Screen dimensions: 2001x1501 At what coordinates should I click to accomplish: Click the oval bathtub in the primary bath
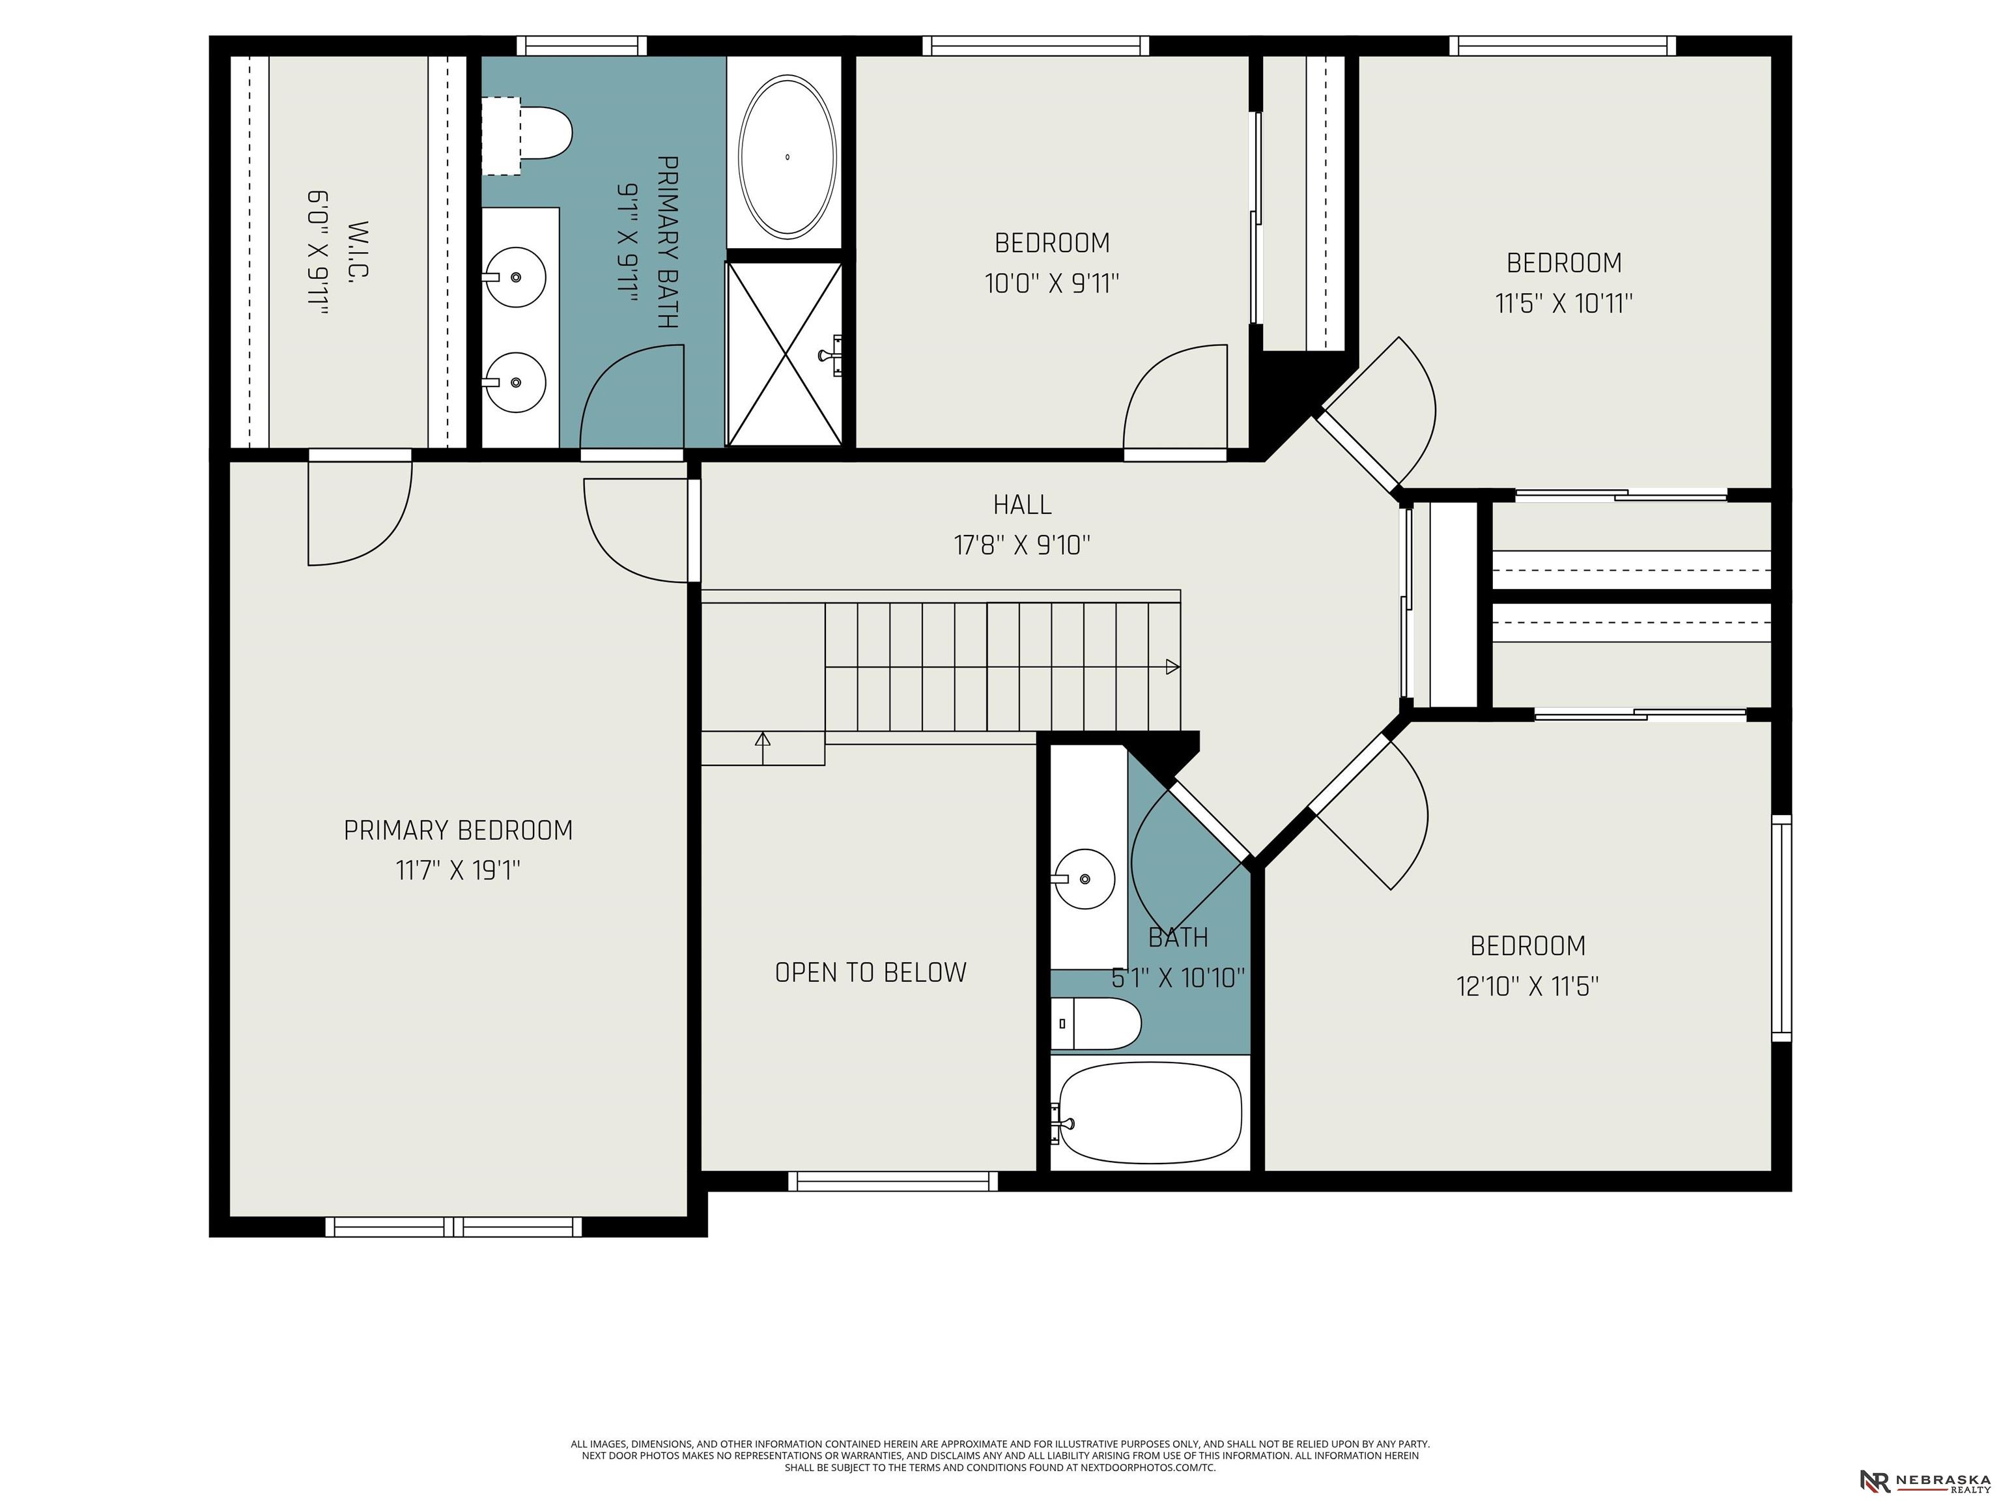(787, 156)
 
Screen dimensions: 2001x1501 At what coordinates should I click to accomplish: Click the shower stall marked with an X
(784, 354)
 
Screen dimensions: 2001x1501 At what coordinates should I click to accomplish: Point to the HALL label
(1022, 505)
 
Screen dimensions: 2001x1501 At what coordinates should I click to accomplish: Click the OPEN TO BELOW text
(871, 973)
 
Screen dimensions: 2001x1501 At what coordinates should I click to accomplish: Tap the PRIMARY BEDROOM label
(459, 831)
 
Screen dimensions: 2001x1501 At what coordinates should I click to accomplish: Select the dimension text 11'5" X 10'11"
(1564, 303)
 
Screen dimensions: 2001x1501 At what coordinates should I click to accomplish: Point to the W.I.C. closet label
(358, 250)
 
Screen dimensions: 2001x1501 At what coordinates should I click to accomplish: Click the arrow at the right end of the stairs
(1172, 667)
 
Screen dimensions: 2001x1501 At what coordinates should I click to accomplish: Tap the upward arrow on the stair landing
(763, 747)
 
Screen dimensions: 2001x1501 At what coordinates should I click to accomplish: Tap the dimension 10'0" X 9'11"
(1052, 284)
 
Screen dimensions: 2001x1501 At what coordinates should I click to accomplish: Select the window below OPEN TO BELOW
(893, 1180)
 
